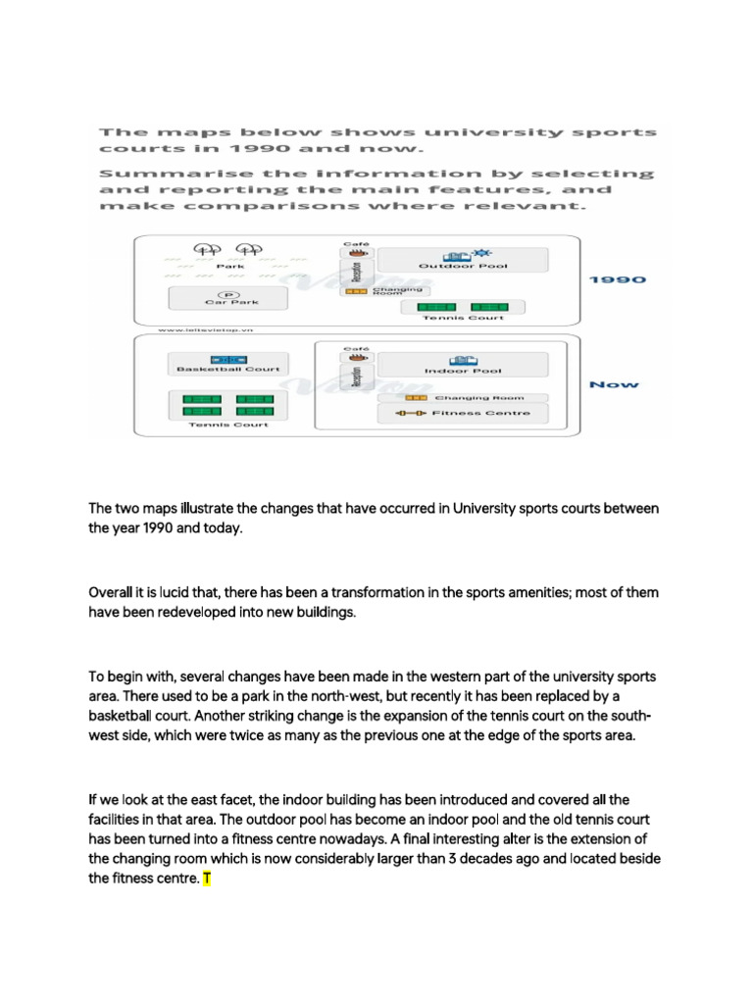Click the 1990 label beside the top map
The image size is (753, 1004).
pos(617,279)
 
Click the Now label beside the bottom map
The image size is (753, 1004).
pos(614,384)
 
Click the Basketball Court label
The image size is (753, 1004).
pos(228,370)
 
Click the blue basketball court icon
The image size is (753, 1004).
pos(228,359)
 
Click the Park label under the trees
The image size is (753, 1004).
pos(230,266)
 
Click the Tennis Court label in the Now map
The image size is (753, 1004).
pos(228,425)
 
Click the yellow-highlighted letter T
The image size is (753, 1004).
pos(206,878)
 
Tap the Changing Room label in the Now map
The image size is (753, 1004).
pos(478,397)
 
